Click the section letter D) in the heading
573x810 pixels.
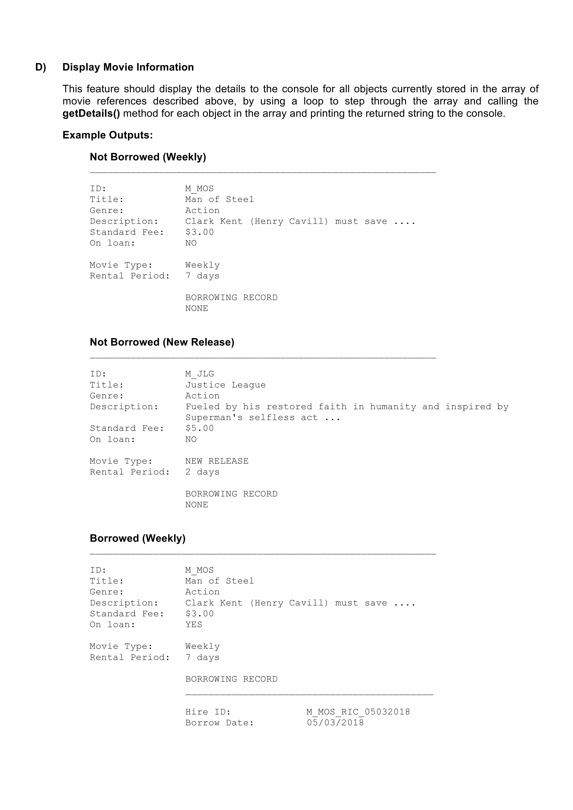41,67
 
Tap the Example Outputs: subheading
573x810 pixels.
108,135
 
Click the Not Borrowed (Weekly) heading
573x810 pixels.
148,157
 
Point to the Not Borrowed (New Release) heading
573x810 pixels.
162,342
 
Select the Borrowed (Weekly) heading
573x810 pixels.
138,538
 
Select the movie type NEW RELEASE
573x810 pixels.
217,461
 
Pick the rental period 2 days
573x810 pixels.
202,472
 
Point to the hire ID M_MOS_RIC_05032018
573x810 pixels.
358,712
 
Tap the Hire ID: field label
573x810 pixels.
208,712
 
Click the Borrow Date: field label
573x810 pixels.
220,723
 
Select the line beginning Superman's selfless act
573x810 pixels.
263,418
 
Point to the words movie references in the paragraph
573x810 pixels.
105,101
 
